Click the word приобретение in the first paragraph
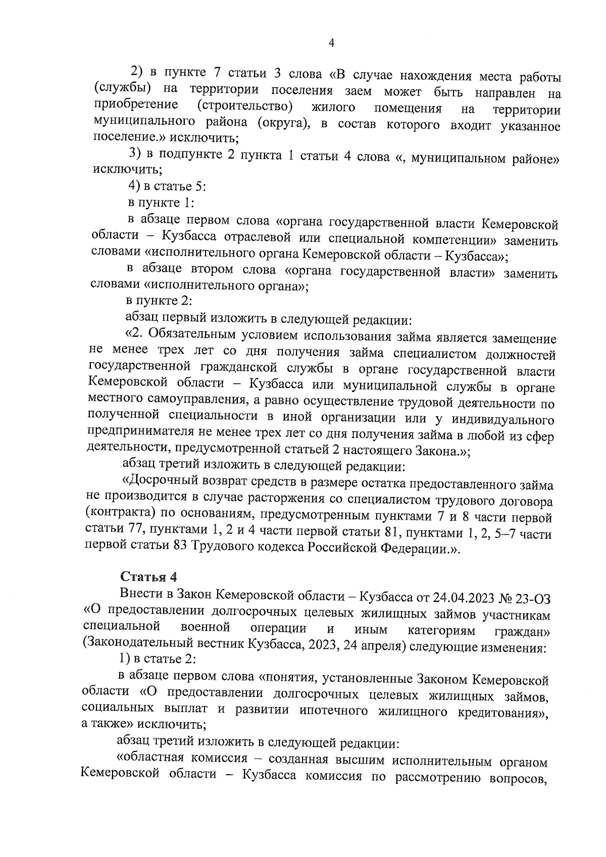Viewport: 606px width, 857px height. tap(136, 106)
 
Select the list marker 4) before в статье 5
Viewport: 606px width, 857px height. tap(134, 186)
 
